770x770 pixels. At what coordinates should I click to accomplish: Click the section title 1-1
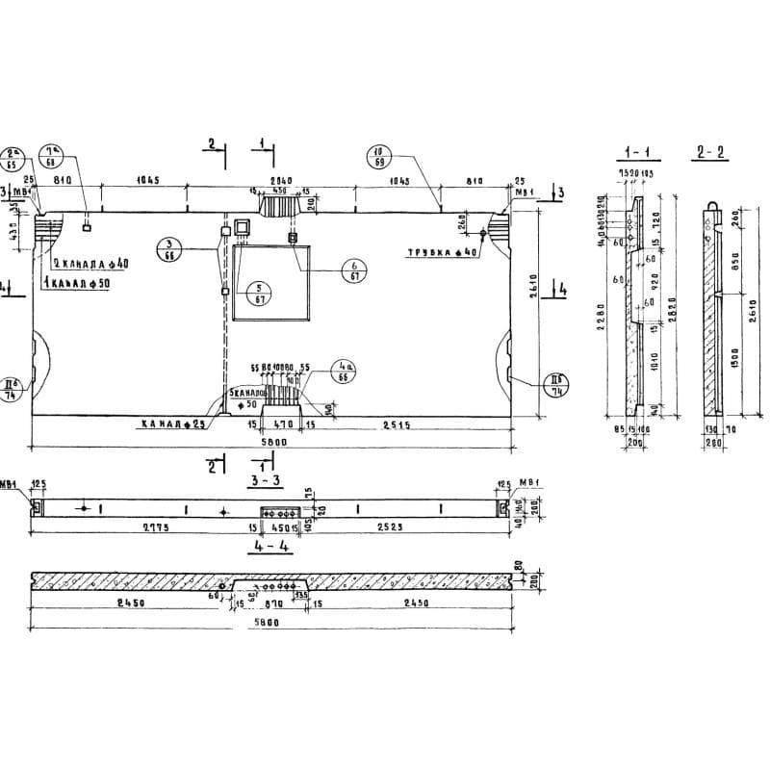point(639,152)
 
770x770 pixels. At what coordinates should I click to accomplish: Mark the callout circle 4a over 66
point(343,372)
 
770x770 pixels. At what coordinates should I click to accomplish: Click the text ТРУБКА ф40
point(440,252)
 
